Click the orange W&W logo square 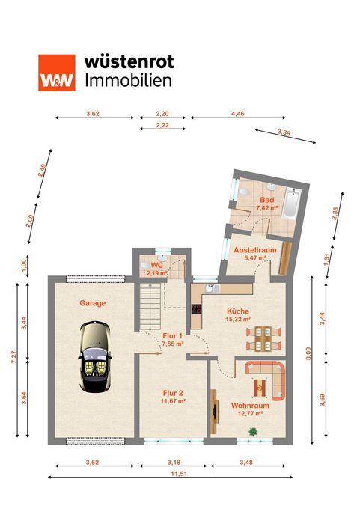pos(57,73)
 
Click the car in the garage pos(95,356)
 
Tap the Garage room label pos(93,303)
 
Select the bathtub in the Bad pos(290,204)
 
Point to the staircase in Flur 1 pos(150,306)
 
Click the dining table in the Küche pos(263,338)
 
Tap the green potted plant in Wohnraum pos(253,431)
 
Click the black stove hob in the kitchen pos(196,308)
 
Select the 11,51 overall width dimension pos(179,474)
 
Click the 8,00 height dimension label pos(308,353)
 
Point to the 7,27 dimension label pos(14,357)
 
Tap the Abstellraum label pos(255,250)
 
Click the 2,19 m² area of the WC pos(157,273)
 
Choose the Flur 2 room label pos(173,393)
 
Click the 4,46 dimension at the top pos(237,114)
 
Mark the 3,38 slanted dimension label pos(284,132)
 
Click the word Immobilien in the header pos(128,81)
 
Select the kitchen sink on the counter pos(210,288)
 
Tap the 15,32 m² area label pos(238,319)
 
